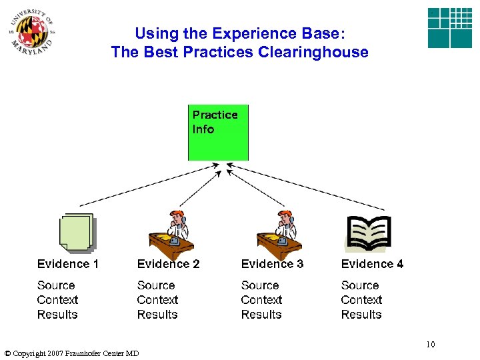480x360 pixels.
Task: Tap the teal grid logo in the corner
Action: pyautogui.click(x=449, y=28)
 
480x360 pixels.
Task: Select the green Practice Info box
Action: pyautogui.click(x=218, y=132)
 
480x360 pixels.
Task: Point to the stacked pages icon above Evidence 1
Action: pyautogui.click(x=76, y=233)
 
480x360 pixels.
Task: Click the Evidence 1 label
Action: pyautogui.click(x=68, y=264)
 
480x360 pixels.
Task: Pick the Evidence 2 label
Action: pyautogui.click(x=168, y=264)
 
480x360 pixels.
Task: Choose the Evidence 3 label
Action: pyautogui.click(x=272, y=264)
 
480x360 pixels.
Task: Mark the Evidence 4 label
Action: pyautogui.click(x=372, y=264)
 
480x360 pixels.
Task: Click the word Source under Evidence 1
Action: pyautogui.click(x=56, y=285)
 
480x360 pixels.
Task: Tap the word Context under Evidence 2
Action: pyautogui.click(x=157, y=300)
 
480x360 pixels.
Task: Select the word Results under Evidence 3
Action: pyautogui.click(x=261, y=315)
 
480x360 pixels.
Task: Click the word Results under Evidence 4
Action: pyautogui.click(x=361, y=315)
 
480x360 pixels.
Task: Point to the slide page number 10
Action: pyautogui.click(x=430, y=345)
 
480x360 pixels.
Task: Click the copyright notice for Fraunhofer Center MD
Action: pyautogui.click(x=71, y=353)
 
